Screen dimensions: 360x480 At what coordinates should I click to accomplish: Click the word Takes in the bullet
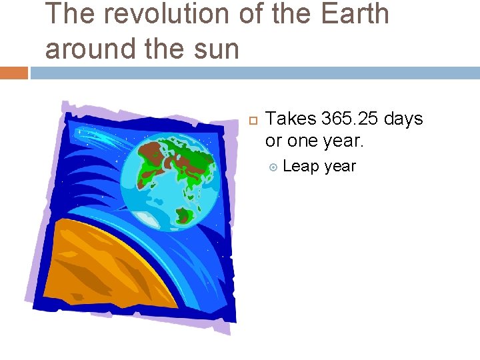(x=291, y=119)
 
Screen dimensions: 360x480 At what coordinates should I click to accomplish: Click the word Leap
(x=301, y=166)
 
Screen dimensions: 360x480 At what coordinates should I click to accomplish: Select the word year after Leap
(x=340, y=166)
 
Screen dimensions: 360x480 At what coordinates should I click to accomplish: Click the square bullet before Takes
(x=252, y=120)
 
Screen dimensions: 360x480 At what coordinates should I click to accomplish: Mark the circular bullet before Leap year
(x=272, y=167)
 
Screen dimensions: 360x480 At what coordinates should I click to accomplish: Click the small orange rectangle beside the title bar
(x=13, y=73)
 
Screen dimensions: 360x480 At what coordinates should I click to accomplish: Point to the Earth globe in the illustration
(x=175, y=178)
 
